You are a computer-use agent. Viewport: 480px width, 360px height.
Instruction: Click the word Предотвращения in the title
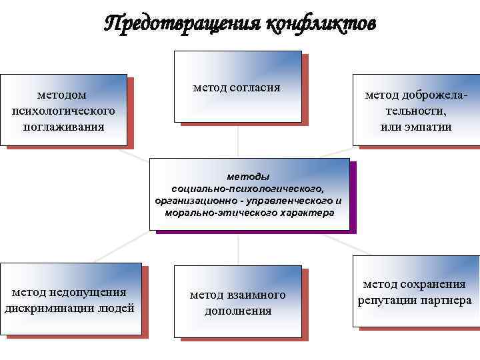(x=180, y=25)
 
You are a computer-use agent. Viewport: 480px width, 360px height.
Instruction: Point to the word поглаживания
(x=63, y=126)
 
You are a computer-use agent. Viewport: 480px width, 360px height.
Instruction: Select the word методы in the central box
(x=248, y=177)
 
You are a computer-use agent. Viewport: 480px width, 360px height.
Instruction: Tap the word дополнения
(x=238, y=311)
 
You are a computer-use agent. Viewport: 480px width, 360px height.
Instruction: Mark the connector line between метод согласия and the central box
(x=238, y=141)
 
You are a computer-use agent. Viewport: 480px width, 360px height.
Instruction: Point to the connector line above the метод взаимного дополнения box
(x=238, y=248)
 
